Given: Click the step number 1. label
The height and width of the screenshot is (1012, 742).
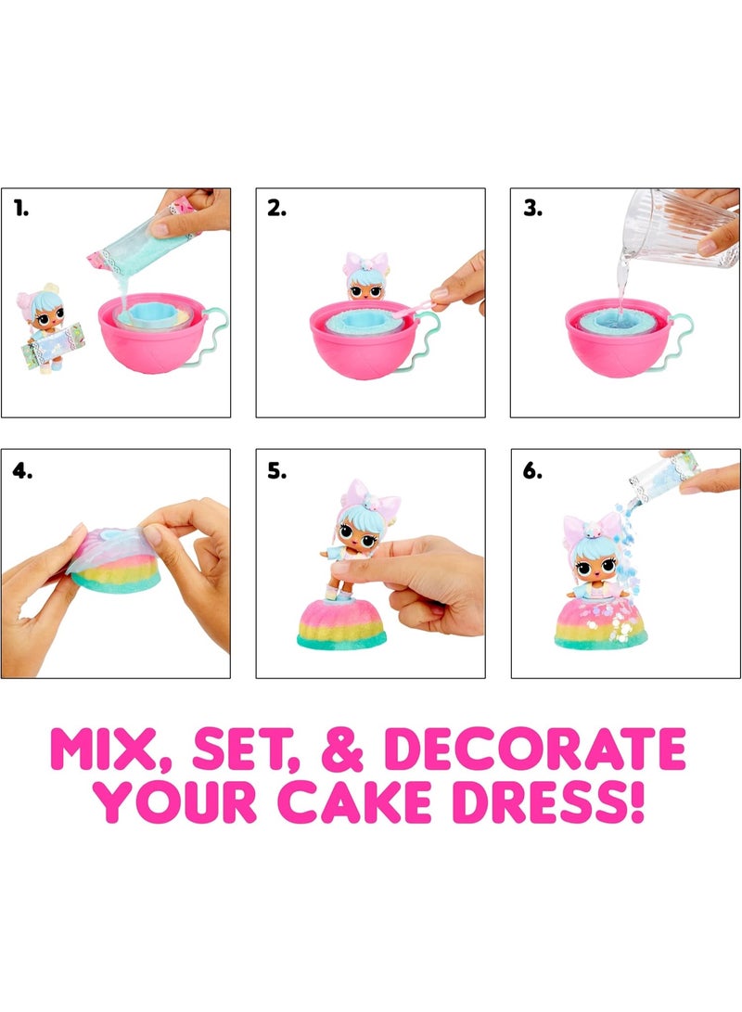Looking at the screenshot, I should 21,211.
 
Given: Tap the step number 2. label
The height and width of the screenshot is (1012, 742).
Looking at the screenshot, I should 276,211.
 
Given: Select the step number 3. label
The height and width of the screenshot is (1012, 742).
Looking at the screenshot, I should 532,211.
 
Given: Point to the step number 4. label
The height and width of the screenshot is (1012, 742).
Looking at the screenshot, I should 22,471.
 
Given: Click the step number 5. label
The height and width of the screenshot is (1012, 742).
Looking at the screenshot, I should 276,471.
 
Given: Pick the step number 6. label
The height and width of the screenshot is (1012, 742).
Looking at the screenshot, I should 532,471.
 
